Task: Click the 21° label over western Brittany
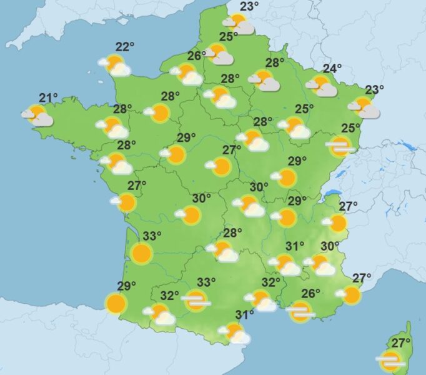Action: coord(48,97)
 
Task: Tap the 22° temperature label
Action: coord(125,47)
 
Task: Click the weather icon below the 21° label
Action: coord(38,116)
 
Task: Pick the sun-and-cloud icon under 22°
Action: coord(115,65)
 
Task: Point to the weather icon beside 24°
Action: coord(322,86)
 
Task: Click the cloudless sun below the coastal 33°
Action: coord(141,253)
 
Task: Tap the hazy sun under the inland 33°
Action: coord(196,301)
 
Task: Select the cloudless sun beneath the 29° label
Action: coord(116,304)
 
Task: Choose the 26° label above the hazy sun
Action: coord(310,293)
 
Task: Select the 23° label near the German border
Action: coord(374,89)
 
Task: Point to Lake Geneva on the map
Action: coord(334,194)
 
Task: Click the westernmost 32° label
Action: coord(169,295)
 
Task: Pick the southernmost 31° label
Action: coord(244,314)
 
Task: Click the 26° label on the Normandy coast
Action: coord(196,56)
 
